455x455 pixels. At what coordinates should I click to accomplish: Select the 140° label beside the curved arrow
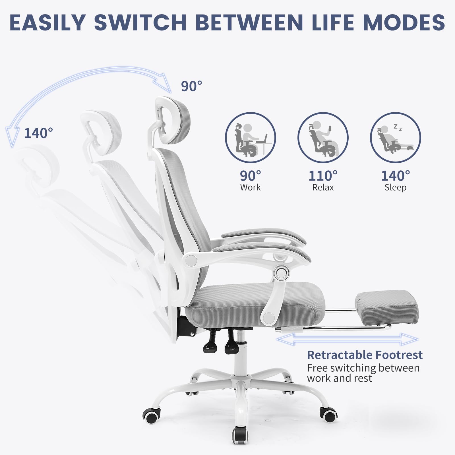38,133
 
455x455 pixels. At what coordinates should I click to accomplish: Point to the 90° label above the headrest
191,86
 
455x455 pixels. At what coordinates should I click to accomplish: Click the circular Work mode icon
250,138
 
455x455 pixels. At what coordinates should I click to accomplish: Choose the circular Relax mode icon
323,138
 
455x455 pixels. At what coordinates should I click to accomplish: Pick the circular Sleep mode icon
395,138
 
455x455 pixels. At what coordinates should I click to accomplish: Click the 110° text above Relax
323,176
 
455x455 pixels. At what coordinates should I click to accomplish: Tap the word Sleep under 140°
395,187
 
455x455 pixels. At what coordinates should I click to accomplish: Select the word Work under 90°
250,187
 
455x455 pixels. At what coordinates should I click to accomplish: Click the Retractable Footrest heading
365,355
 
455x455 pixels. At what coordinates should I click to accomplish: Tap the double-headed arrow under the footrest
347,339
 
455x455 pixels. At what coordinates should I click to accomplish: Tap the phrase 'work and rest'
339,379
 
